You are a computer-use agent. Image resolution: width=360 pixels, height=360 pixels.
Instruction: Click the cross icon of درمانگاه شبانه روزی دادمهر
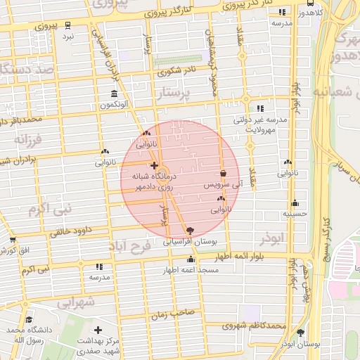154,165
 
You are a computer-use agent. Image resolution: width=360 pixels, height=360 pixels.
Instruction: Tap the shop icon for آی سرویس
223,174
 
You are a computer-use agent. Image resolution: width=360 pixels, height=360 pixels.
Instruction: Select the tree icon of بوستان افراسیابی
190,230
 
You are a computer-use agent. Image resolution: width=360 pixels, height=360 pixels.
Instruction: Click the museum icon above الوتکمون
115,94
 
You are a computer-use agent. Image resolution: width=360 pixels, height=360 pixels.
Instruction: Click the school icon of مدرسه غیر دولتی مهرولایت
260,108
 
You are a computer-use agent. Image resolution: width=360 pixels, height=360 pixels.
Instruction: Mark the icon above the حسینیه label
295,202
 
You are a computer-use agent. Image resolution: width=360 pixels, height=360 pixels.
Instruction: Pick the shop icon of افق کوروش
13,240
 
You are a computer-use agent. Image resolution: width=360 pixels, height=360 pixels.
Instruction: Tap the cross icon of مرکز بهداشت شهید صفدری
98,330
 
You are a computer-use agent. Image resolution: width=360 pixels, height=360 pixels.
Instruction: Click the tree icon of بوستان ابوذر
301,333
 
